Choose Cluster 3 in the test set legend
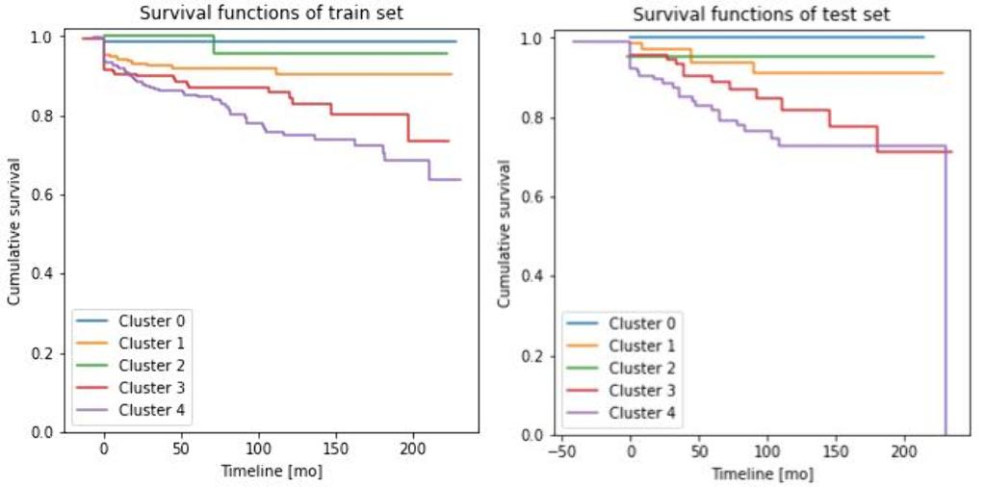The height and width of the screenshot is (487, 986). (642, 391)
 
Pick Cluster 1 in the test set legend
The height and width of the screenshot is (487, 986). (642, 346)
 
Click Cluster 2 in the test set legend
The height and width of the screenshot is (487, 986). (642, 368)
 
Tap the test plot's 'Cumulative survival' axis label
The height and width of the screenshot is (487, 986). (504, 234)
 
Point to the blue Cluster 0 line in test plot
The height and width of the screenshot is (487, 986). (770, 37)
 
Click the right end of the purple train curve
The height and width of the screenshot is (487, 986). (459, 179)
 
